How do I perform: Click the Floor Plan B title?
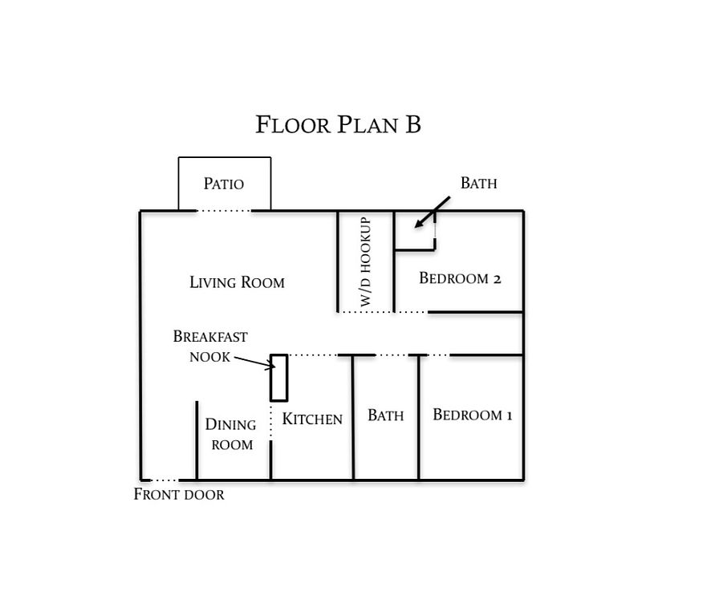pos(338,124)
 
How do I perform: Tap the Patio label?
pos(223,184)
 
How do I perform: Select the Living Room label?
pos(237,282)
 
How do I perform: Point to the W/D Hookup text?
pos(365,261)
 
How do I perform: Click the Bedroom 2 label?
pos(460,278)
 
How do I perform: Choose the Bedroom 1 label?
pos(472,415)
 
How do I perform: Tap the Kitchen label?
pos(312,419)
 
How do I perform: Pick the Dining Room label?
pos(231,434)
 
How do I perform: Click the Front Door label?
pos(179,494)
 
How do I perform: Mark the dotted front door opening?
pos(165,480)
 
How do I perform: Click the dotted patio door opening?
pos(224,210)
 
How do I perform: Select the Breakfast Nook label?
pos(210,346)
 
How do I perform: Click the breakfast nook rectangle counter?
pos(279,378)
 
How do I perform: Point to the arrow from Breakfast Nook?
pos(254,362)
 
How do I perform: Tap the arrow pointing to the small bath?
pos(433,212)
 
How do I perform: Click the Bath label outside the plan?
pos(479,183)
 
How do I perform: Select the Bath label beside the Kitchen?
pos(386,415)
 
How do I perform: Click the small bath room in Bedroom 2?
pos(415,230)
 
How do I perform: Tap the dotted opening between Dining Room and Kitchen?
pos(271,421)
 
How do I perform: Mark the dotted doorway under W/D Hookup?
pos(365,312)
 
